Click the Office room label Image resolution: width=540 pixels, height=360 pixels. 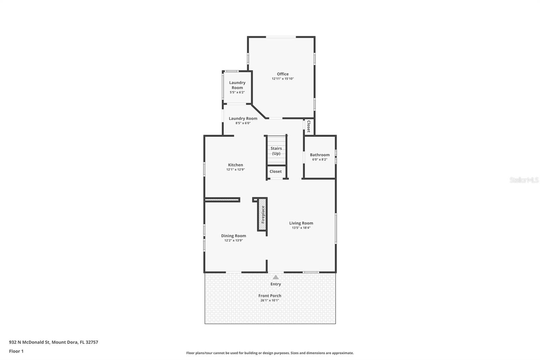click(x=282, y=74)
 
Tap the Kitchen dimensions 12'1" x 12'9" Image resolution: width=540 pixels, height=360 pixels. click(x=235, y=170)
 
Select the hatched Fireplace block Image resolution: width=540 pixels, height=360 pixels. click(x=263, y=214)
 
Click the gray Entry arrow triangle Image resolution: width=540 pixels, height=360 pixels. click(x=276, y=277)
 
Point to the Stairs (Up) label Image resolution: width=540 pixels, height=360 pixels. click(x=276, y=151)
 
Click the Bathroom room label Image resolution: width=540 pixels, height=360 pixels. click(x=320, y=155)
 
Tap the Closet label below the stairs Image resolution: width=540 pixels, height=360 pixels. click(x=275, y=172)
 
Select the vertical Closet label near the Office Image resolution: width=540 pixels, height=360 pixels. click(x=308, y=126)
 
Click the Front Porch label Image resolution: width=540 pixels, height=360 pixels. click(x=270, y=295)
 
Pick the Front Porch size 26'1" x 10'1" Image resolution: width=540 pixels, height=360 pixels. click(x=270, y=300)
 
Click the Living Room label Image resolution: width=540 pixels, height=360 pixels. click(x=301, y=223)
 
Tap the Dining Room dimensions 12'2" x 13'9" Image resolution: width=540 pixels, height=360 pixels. click(x=234, y=240)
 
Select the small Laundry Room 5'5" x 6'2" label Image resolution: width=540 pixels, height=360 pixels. click(x=237, y=87)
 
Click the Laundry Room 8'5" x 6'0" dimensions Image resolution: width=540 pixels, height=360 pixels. click(x=243, y=123)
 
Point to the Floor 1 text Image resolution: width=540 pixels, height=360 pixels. click(x=16, y=351)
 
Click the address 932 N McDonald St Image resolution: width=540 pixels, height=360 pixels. click(x=53, y=342)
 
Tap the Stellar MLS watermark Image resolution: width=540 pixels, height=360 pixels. click(x=524, y=180)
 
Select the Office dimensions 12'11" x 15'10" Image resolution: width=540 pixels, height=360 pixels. click(x=283, y=79)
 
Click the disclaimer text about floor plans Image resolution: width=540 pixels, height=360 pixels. click(x=270, y=353)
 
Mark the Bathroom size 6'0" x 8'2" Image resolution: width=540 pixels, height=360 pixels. click(x=320, y=159)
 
